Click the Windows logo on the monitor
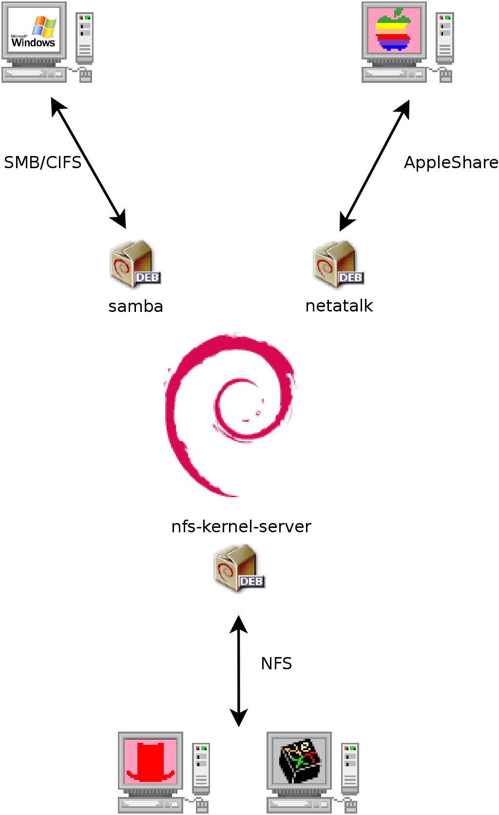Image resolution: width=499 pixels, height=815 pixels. [x=34, y=32]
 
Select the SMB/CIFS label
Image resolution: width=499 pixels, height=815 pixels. [x=42, y=162]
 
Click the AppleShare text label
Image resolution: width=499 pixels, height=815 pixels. [x=451, y=162]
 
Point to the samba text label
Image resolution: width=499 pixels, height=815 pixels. [x=135, y=306]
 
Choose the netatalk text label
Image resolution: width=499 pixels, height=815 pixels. [x=339, y=306]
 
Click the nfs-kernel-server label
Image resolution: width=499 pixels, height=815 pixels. [x=241, y=526]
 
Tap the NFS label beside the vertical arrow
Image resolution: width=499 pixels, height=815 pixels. [x=276, y=663]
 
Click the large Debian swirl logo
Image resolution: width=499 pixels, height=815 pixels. [x=229, y=414]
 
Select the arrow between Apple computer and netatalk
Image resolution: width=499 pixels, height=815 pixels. [x=374, y=165]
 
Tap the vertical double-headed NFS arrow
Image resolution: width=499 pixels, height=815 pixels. [x=239, y=671]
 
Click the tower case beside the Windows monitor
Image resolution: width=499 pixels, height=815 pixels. [x=85, y=39]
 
